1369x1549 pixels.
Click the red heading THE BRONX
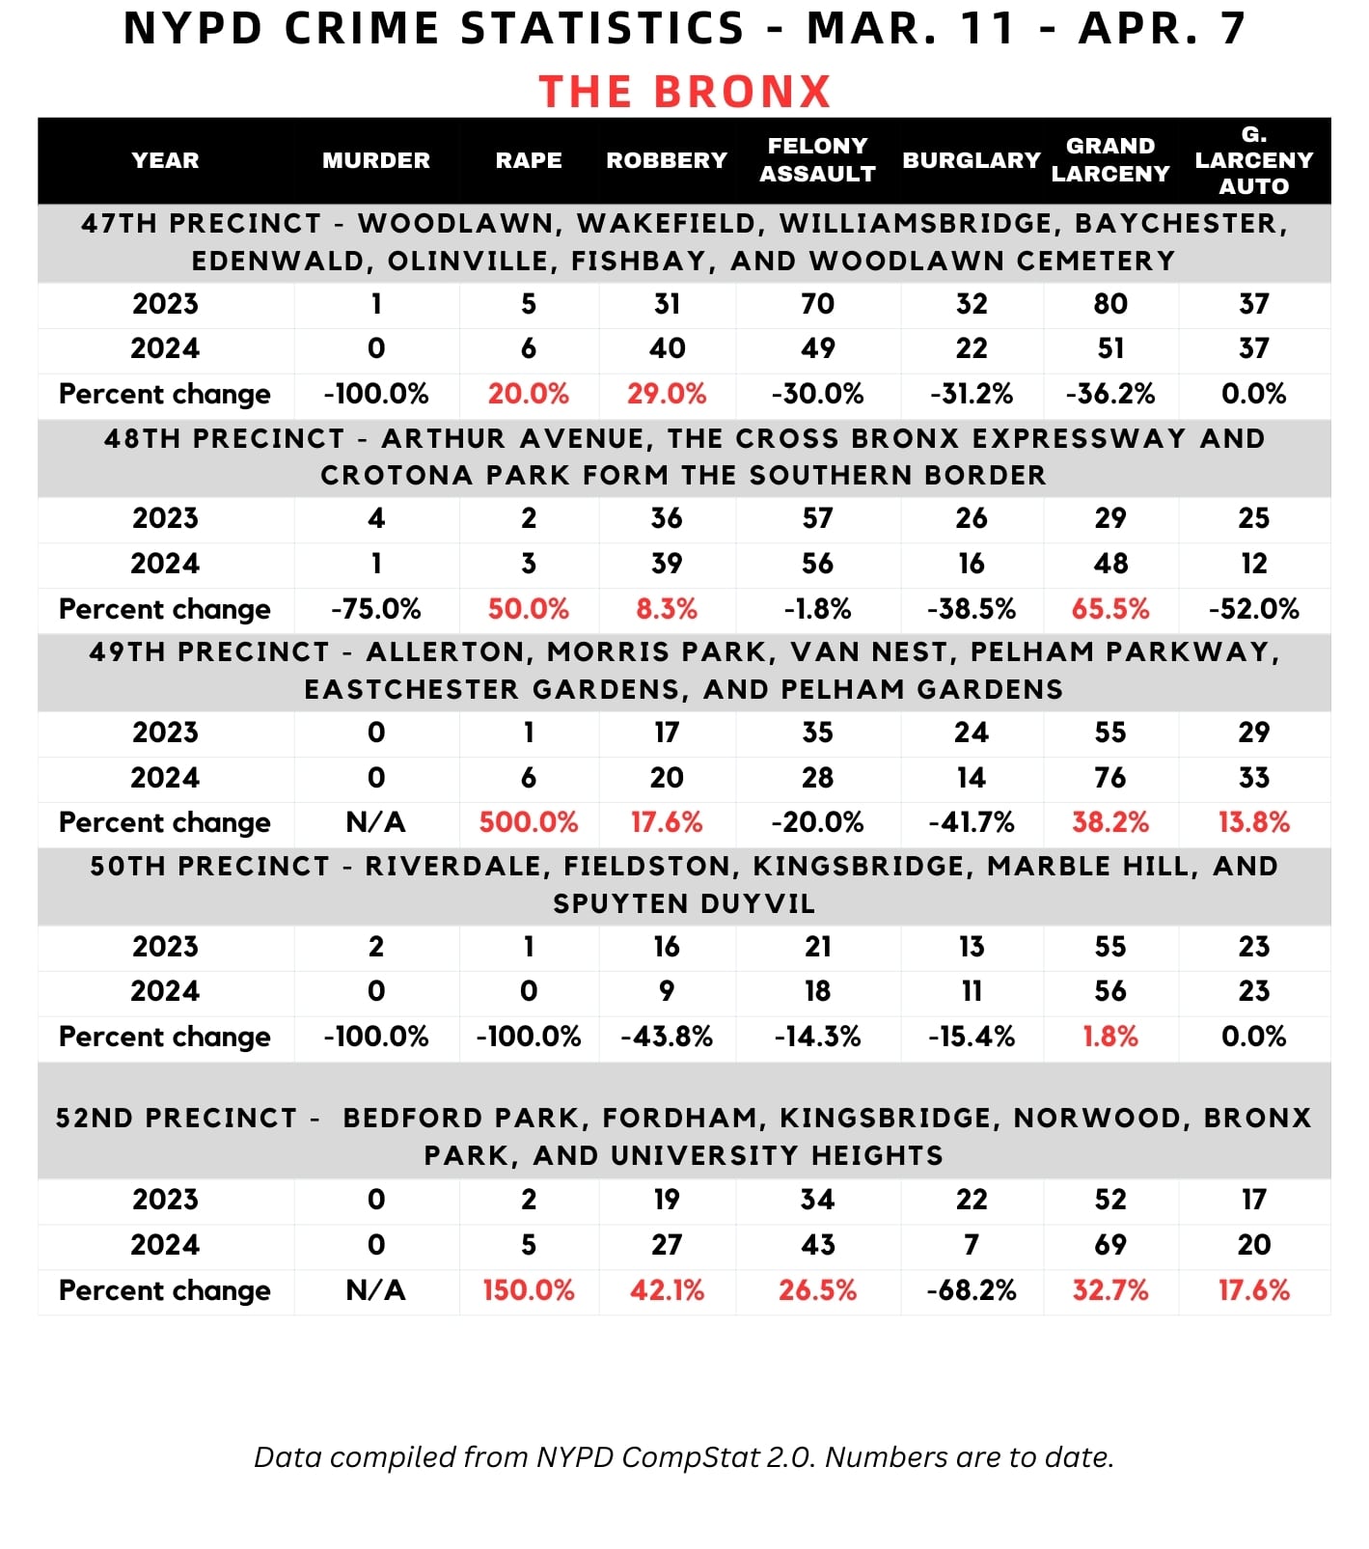point(684,93)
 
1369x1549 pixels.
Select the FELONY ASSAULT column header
point(817,160)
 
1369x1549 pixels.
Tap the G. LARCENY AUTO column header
point(1253,160)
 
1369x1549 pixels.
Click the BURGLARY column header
point(972,160)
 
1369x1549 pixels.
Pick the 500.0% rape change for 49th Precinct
point(529,822)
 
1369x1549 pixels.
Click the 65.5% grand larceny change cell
point(1110,609)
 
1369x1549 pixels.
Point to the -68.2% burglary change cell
point(972,1290)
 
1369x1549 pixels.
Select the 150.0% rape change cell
point(529,1290)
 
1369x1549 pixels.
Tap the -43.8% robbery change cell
point(667,1037)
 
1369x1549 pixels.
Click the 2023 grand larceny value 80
point(1110,304)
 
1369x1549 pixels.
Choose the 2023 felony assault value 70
point(817,304)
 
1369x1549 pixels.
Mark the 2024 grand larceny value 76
point(1110,778)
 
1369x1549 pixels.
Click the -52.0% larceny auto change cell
point(1253,609)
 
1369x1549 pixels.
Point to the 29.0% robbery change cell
point(667,394)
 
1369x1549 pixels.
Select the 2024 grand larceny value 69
point(1110,1245)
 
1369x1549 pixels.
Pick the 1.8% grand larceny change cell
point(1110,1037)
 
